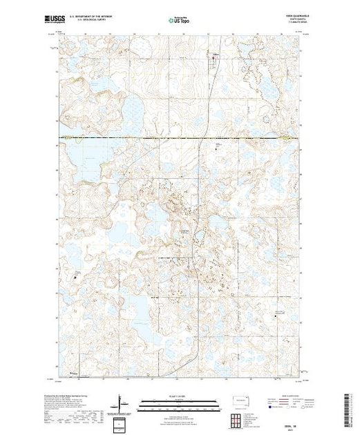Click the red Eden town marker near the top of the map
click(214, 57)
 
